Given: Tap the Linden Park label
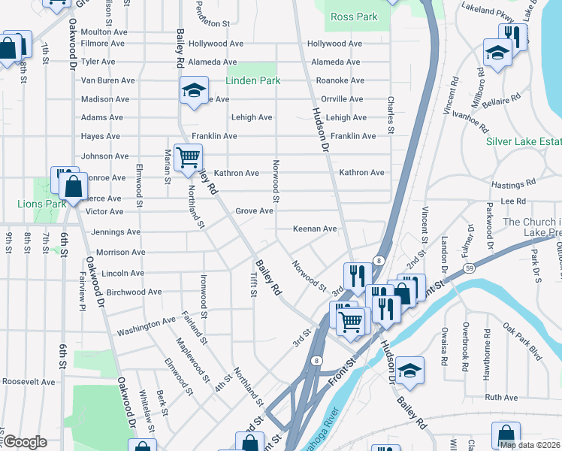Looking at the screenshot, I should tap(253, 80).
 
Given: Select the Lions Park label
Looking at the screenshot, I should tap(42, 204).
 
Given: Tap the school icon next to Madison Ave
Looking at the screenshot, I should tap(194, 92).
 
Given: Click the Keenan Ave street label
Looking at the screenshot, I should tap(315, 229).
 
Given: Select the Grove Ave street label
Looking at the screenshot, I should tap(254, 211).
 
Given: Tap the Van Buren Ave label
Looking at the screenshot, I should tap(107, 80).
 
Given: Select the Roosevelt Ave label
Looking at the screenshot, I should tap(28, 382).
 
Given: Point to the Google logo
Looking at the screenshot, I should tap(24, 442).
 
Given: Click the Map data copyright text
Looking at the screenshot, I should tap(530, 445).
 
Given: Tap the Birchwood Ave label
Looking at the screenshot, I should tap(134, 292).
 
